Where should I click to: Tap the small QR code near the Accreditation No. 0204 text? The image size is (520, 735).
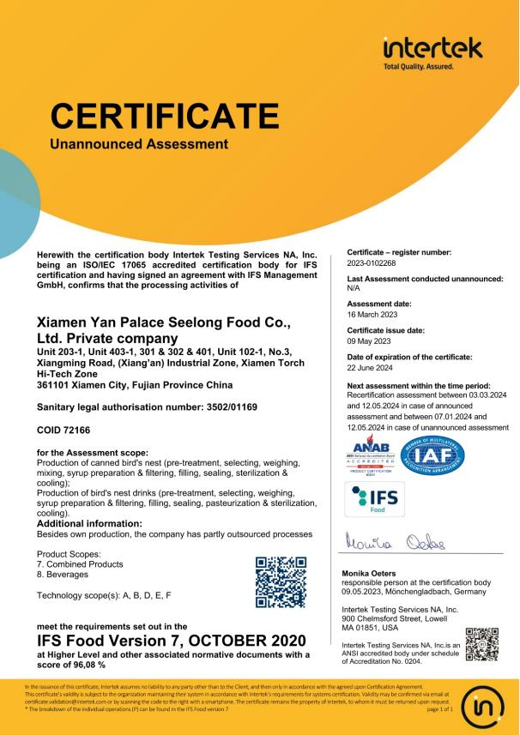point(482,644)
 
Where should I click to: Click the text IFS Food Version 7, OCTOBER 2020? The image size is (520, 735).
point(172,641)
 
